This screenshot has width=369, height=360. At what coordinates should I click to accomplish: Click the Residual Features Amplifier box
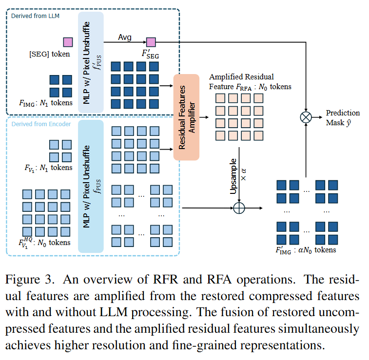pyautogui.click(x=187, y=117)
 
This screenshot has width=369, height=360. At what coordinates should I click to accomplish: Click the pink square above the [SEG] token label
pyautogui.click(x=68, y=42)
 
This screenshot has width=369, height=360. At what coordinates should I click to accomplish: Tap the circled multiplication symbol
pyautogui.click(x=306, y=117)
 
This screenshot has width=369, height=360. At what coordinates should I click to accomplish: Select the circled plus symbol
pyautogui.click(x=239, y=208)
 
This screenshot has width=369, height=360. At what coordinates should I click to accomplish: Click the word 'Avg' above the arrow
pyautogui.click(x=125, y=37)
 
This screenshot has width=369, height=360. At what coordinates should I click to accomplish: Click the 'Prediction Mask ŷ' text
pyautogui.click(x=343, y=117)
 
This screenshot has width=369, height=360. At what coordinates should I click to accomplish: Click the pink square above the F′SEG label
pyautogui.click(x=151, y=42)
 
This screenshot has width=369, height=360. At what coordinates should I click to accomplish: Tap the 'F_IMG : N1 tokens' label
pyautogui.click(x=46, y=102)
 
